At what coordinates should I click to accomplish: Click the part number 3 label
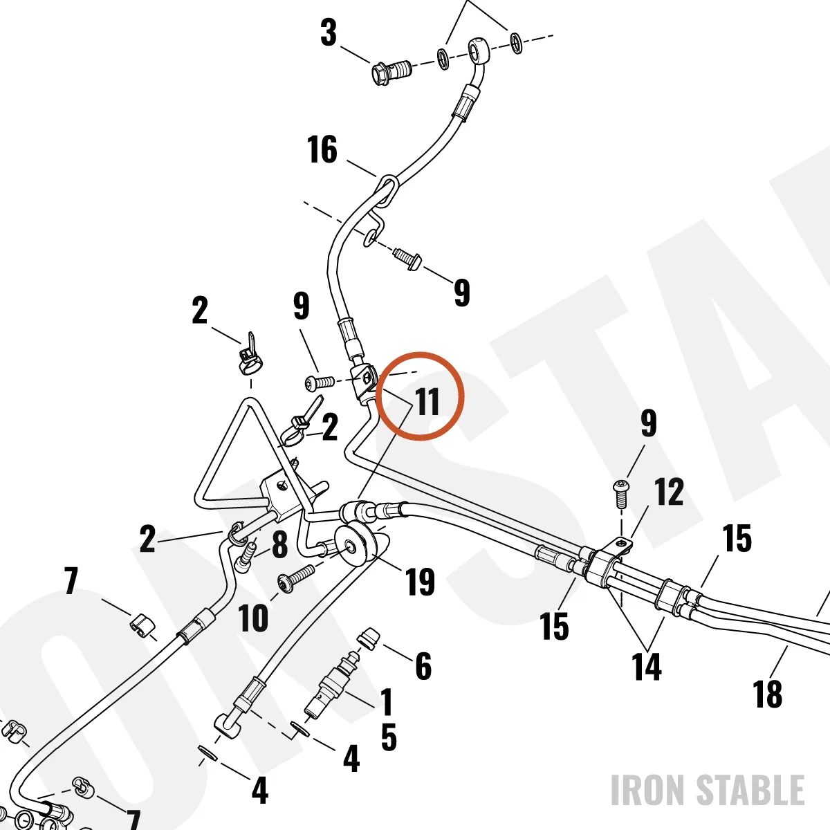pyautogui.click(x=329, y=33)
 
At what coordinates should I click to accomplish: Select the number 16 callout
pyautogui.click(x=322, y=149)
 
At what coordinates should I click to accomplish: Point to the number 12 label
pyautogui.click(x=668, y=492)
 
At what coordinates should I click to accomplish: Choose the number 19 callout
pyautogui.click(x=420, y=582)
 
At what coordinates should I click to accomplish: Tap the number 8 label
pyautogui.click(x=279, y=544)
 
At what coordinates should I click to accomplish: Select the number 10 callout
pyautogui.click(x=253, y=618)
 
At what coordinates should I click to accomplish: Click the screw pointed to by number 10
pyautogui.click(x=297, y=577)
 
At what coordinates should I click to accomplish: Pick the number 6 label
pyautogui.click(x=423, y=666)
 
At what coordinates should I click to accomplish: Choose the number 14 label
pyautogui.click(x=646, y=666)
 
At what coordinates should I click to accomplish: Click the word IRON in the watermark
pyautogui.click(x=649, y=789)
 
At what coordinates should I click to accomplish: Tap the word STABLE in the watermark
pyautogui.click(x=750, y=789)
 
